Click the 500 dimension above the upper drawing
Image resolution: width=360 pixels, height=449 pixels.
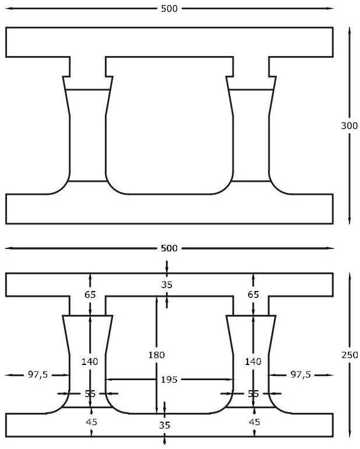tap(169, 8)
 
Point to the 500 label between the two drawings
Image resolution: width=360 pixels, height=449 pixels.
tap(169, 248)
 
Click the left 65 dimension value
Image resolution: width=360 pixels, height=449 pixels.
tap(90, 294)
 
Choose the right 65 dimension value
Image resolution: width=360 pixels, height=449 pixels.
tap(253, 294)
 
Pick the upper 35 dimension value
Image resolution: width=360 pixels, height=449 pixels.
tap(167, 285)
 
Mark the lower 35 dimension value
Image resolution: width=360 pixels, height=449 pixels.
tap(165, 425)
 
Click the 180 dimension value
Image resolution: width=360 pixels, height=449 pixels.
tap(156, 355)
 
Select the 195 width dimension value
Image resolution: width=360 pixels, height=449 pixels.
tap(169, 380)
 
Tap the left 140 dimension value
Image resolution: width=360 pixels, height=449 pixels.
tap(90, 362)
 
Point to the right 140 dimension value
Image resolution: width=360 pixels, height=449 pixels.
tap(253, 362)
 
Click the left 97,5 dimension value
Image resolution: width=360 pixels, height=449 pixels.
tap(37, 374)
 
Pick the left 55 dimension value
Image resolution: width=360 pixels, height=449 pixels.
tap(90, 394)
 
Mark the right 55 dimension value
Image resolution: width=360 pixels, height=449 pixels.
tap(253, 394)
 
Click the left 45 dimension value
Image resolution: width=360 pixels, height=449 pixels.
tap(91, 421)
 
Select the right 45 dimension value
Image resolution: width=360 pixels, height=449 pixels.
tap(255, 421)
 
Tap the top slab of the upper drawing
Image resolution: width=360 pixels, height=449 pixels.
tap(169, 41)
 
